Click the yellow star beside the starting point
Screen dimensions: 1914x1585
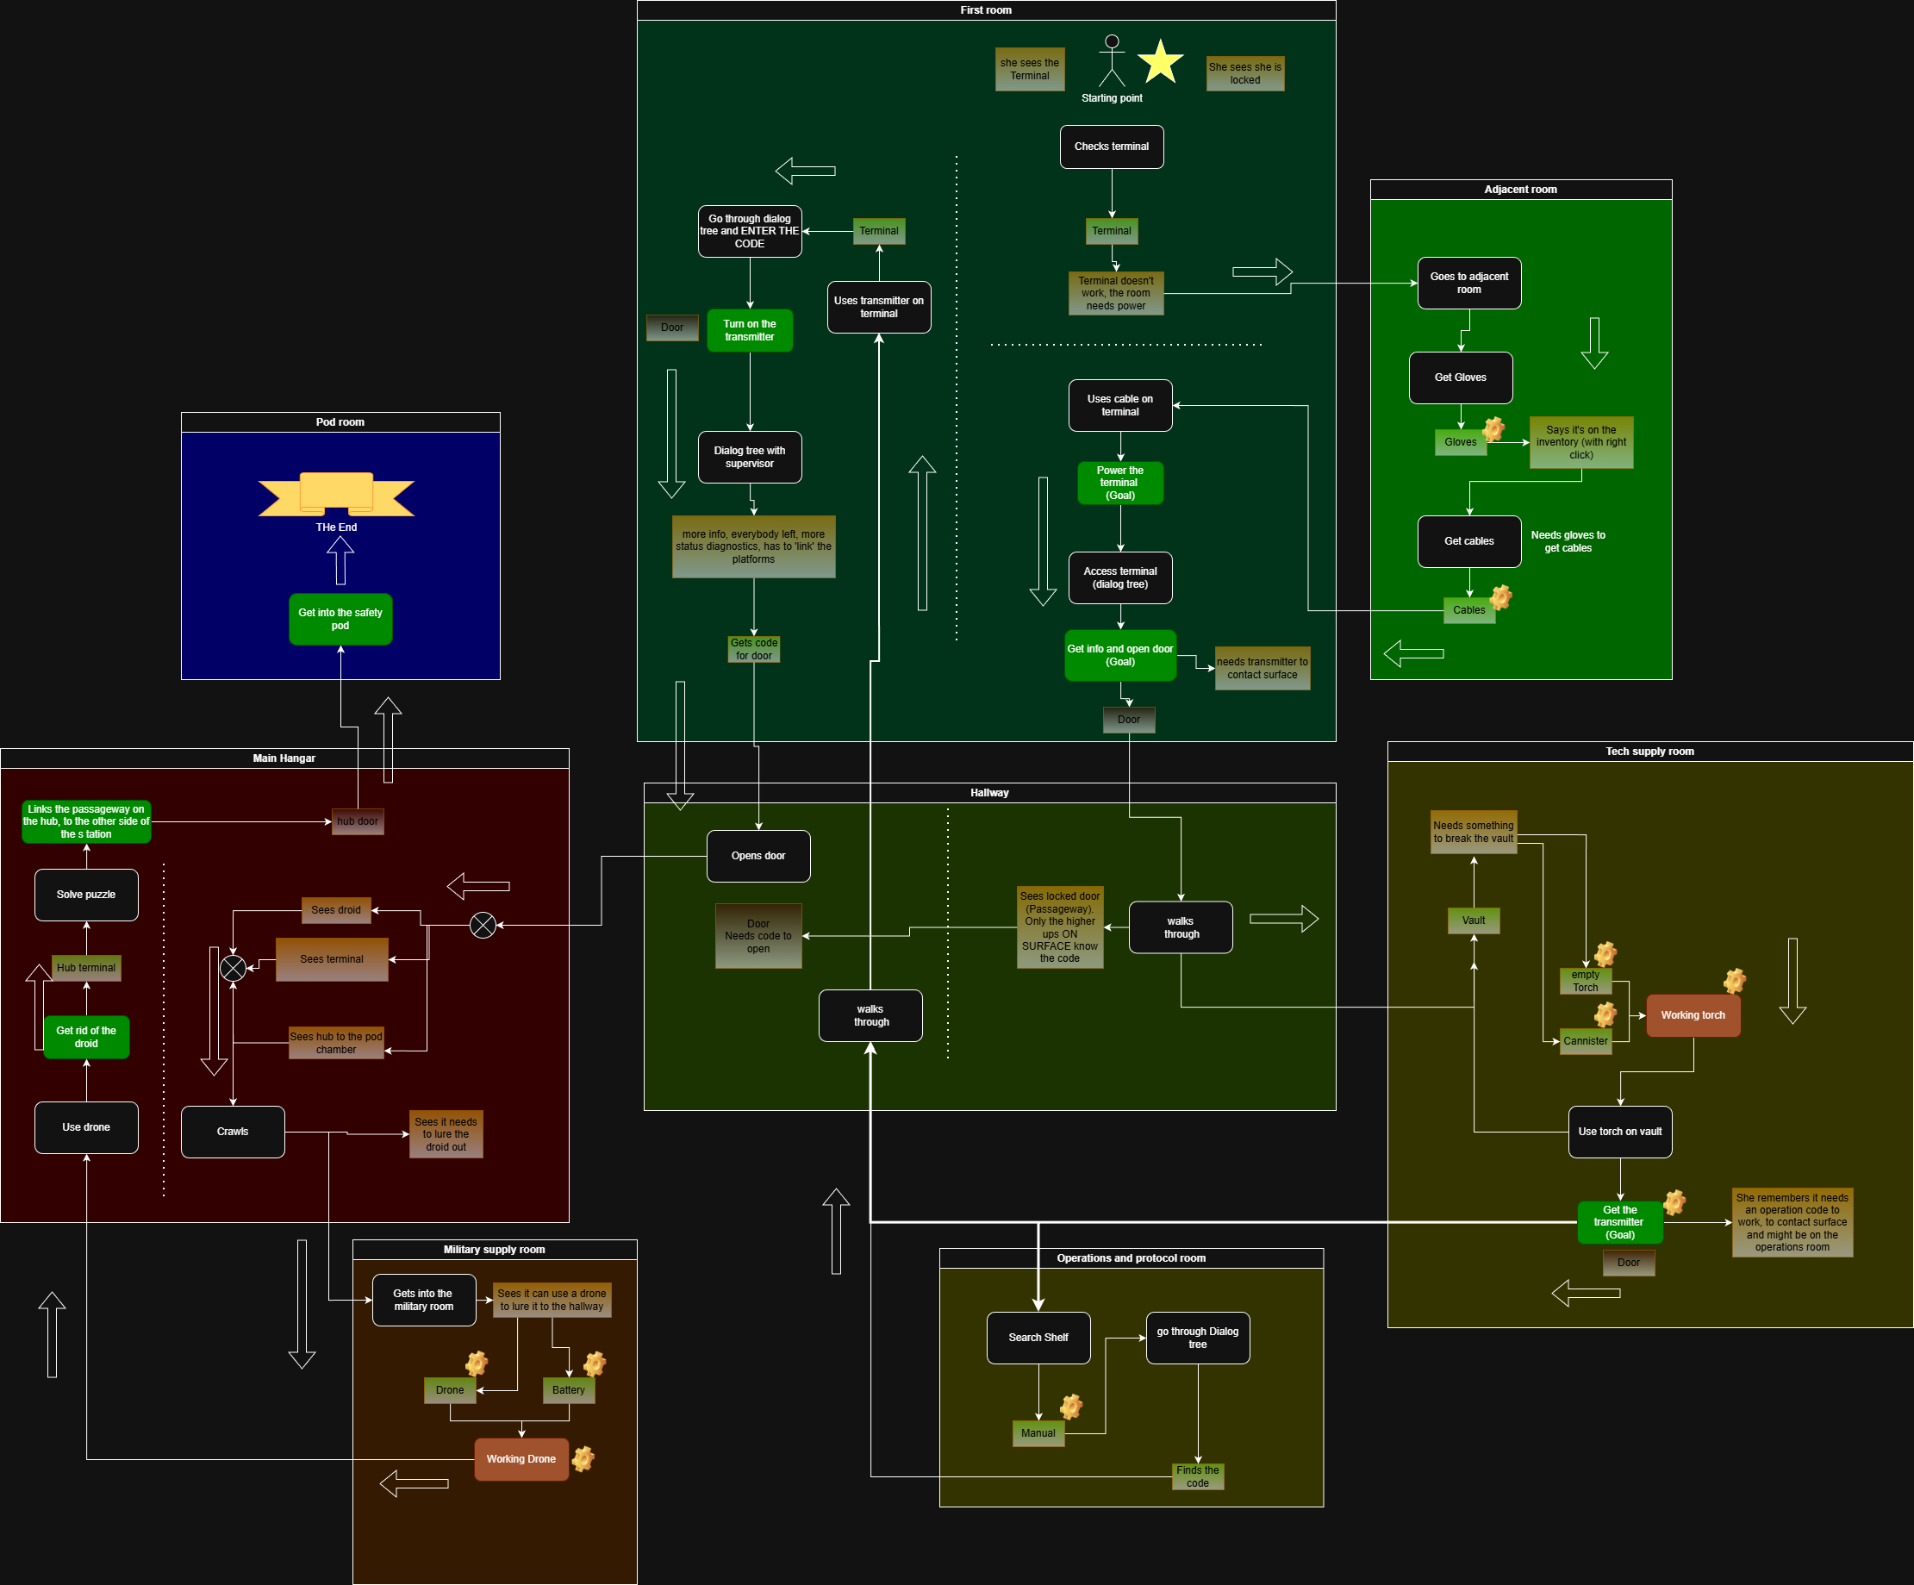(1160, 61)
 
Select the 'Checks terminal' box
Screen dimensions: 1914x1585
(1111, 147)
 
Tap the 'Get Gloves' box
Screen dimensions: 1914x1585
(1460, 378)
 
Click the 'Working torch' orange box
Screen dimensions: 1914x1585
(1693, 1015)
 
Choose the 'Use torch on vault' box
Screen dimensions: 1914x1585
(1619, 1132)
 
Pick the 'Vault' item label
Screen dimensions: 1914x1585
(1474, 920)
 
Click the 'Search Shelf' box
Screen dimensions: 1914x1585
(1038, 1338)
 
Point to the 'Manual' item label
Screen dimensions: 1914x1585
(1038, 1433)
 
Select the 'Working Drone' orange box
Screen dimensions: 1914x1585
(521, 1459)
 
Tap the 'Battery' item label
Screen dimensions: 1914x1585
(569, 1390)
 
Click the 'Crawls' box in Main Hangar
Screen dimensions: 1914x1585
(233, 1132)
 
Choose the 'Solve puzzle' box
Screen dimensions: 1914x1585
(86, 895)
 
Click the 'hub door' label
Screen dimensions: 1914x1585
(358, 822)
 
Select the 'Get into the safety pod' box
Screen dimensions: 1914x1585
(341, 620)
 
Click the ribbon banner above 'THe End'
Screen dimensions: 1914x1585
(336, 494)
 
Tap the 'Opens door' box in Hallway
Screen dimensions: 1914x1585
(758, 856)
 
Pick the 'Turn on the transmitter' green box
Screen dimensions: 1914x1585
(750, 331)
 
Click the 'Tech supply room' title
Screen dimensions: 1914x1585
(1649, 752)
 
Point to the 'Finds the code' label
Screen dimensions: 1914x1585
(1198, 1476)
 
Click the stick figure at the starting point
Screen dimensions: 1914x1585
(1111, 61)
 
